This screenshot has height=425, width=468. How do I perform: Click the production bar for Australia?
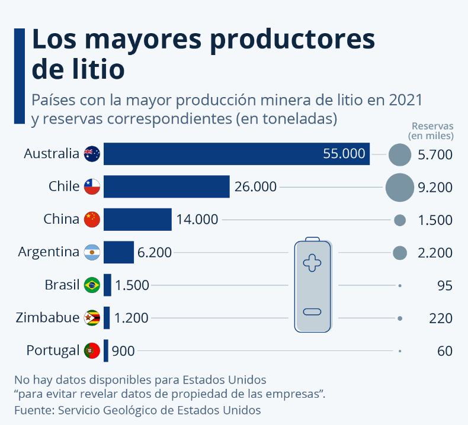click(x=236, y=153)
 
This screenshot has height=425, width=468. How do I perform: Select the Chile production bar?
click(x=166, y=186)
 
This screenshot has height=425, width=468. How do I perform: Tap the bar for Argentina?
click(x=118, y=252)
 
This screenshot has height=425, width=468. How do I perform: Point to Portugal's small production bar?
click(x=105, y=350)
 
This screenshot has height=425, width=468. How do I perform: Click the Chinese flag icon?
click(x=92, y=220)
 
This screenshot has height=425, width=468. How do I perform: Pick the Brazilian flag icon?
click(x=92, y=285)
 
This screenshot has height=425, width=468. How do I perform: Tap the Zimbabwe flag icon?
click(x=92, y=318)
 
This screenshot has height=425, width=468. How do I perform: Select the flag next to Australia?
click(x=92, y=154)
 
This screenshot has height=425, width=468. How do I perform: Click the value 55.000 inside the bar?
click(x=344, y=153)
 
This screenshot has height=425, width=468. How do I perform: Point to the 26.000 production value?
click(x=255, y=186)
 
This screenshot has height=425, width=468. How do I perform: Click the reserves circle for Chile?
click(x=400, y=187)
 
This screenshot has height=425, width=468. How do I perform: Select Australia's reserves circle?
click(x=400, y=154)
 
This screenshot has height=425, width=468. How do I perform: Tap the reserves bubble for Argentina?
click(x=400, y=253)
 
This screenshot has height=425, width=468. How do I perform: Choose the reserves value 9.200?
click(x=435, y=187)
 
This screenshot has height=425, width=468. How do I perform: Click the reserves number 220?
click(x=441, y=318)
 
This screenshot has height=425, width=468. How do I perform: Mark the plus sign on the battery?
click(x=312, y=263)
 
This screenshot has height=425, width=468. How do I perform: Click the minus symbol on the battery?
click(x=312, y=312)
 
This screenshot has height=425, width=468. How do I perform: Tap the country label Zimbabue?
click(x=47, y=317)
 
